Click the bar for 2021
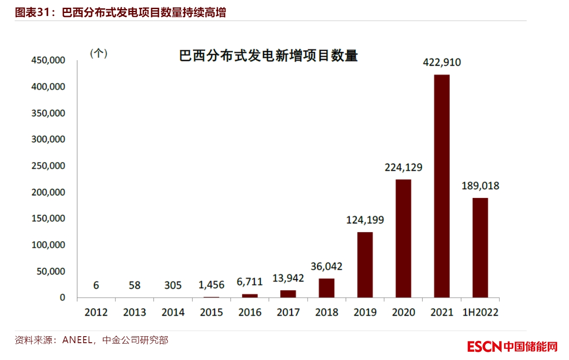pyautogui.click(x=442, y=186)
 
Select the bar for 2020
pyautogui.click(x=403, y=238)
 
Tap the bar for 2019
pyautogui.click(x=365, y=264)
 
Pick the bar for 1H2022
pyautogui.click(x=480, y=248)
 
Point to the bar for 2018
pyautogui.click(x=327, y=288)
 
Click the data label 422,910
pyautogui.click(x=442, y=62)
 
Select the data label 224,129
pyautogui.click(x=404, y=167)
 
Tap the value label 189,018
pyautogui.click(x=480, y=186)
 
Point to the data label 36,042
pyautogui.click(x=327, y=267)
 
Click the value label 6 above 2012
pyautogui.click(x=96, y=285)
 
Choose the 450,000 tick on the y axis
pyautogui.click(x=48, y=61)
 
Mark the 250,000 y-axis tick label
pyautogui.click(x=48, y=166)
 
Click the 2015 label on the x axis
pyautogui.click(x=211, y=312)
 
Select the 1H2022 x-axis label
pyautogui.click(x=480, y=312)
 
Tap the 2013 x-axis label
pyautogui.click(x=134, y=312)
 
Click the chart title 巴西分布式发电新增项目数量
pyautogui.click(x=268, y=56)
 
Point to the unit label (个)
pyautogui.click(x=99, y=54)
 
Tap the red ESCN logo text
pyautogui.click(x=484, y=347)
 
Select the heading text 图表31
pyautogui.click(x=35, y=13)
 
